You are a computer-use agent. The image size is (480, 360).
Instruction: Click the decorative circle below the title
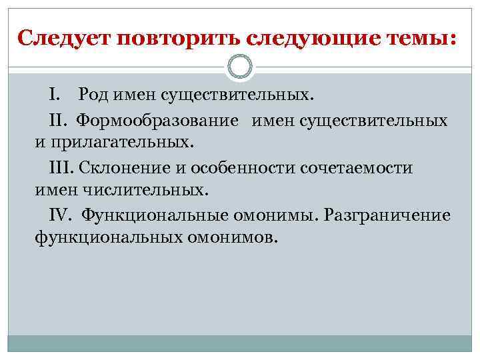(240, 67)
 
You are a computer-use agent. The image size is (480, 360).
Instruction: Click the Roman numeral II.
(59, 121)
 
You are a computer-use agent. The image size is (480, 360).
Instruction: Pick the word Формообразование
(157, 121)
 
